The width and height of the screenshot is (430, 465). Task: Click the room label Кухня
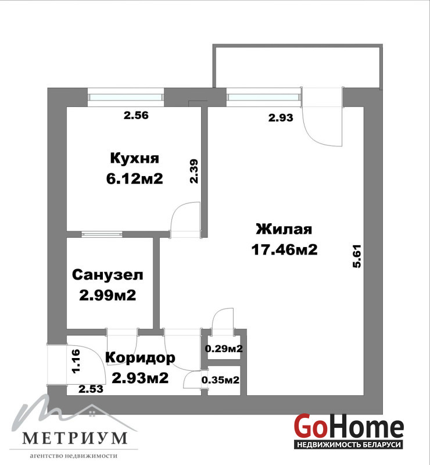coord(135,159)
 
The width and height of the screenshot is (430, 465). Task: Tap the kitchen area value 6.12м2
coord(135,179)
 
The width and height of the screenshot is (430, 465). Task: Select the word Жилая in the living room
coord(284,229)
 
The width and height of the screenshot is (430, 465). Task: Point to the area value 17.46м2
coord(284,249)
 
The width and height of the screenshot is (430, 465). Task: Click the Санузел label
coord(107,275)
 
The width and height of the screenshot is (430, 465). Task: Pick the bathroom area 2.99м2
coord(107,295)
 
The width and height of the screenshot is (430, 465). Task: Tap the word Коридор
coord(140,358)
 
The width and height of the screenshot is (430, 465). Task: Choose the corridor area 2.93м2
coord(140,378)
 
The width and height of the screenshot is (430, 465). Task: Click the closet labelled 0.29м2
coord(224,348)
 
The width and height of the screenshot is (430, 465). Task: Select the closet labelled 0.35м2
coord(220,380)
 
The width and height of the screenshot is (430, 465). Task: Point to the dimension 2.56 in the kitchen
coord(136,115)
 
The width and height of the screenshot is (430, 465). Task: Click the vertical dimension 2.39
coord(194,171)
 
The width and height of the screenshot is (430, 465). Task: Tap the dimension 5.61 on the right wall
coord(357,256)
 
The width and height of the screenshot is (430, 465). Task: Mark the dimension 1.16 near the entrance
coord(76,361)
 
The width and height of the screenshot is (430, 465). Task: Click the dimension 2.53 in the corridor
coord(91,389)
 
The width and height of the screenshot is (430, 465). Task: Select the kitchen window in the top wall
coord(126,97)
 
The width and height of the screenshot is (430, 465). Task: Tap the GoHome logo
coord(349,428)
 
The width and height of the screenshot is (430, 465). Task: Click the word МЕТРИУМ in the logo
coord(75,438)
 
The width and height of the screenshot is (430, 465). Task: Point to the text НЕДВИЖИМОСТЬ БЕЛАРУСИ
coord(349,445)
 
